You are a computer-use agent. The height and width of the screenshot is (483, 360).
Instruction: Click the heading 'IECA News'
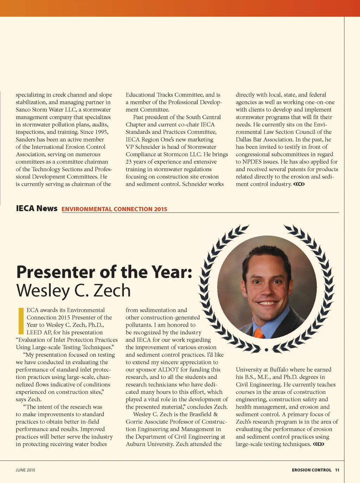(x=37, y=208)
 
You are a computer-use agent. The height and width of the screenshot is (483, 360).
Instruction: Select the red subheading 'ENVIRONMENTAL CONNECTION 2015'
(x=114, y=209)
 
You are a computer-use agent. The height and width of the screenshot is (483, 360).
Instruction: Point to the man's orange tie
(x=259, y=332)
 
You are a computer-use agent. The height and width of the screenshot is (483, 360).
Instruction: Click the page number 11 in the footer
(x=337, y=470)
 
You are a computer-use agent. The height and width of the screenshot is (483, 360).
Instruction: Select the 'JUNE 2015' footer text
(x=25, y=470)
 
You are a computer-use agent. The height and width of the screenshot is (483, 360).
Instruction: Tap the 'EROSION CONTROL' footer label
(x=311, y=470)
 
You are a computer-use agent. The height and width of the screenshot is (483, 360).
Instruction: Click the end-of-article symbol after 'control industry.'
(x=299, y=184)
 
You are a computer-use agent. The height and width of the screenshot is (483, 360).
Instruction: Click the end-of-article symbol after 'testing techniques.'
(x=318, y=444)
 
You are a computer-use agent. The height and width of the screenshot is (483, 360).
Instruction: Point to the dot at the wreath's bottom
(x=266, y=350)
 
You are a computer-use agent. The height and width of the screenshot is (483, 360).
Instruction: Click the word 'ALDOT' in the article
(x=168, y=370)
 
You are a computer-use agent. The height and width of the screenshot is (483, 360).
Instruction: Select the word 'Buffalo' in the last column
(x=282, y=370)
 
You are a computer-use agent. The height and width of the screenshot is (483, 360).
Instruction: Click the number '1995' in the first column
(x=101, y=132)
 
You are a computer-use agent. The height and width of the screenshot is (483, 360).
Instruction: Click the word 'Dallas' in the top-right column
(x=244, y=139)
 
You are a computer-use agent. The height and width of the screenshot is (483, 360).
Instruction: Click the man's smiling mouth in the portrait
(x=268, y=303)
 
